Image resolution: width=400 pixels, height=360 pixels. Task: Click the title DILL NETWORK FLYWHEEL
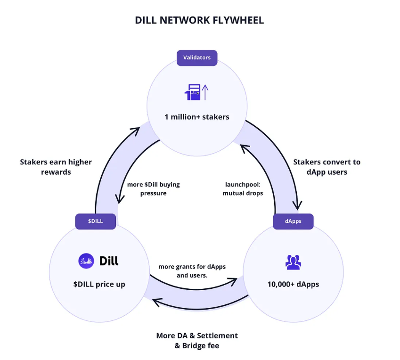(199, 20)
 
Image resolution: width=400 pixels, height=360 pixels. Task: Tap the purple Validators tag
(197, 58)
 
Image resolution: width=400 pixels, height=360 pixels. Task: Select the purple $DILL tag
(96, 221)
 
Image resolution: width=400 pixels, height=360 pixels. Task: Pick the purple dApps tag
(294, 221)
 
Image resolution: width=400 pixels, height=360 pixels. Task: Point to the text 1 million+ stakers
(197, 117)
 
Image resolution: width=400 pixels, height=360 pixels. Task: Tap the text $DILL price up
(99, 285)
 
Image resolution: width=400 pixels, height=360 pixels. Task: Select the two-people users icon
(293, 262)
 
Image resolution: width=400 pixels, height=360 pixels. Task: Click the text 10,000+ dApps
(293, 285)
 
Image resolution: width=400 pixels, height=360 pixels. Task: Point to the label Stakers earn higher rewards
(56, 167)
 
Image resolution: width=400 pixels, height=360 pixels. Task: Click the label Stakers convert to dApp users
(327, 167)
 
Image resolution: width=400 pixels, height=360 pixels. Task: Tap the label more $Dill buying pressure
(153, 188)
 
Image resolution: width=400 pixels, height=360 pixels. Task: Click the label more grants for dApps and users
(192, 270)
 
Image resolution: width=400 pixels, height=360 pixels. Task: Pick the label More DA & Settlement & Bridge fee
(197, 340)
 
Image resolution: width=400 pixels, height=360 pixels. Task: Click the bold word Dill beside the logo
(109, 261)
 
